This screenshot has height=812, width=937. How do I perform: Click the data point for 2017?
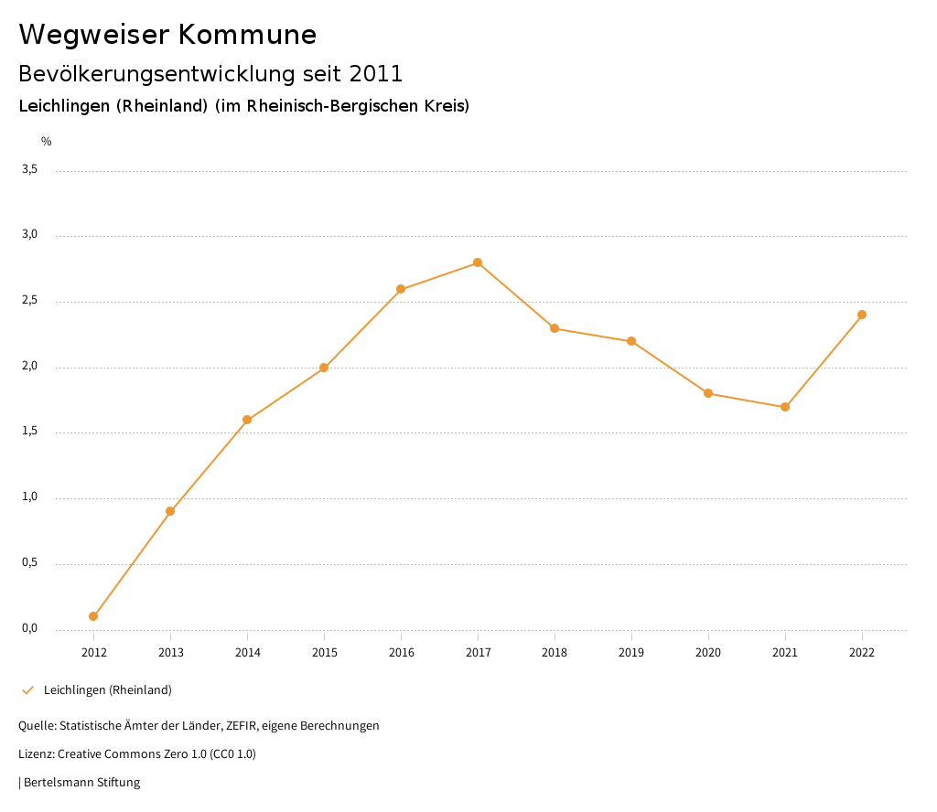[478, 262]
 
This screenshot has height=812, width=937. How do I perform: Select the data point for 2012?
[93, 616]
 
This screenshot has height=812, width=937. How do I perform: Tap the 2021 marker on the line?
[785, 407]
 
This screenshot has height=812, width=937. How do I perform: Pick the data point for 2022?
[862, 315]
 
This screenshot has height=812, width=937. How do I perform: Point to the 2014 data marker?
[247, 420]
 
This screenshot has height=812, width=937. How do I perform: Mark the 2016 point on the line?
[401, 289]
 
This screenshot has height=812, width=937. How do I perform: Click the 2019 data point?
[631, 341]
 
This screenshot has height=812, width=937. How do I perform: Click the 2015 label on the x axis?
[324, 653]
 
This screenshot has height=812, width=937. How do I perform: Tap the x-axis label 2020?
[708, 653]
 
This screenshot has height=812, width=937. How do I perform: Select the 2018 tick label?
[555, 653]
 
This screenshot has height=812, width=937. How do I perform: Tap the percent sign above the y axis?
[47, 142]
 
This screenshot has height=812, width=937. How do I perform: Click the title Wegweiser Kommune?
[167, 35]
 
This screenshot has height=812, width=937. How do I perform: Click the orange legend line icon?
[27, 690]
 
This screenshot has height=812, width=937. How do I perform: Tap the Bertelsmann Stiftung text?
[81, 783]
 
